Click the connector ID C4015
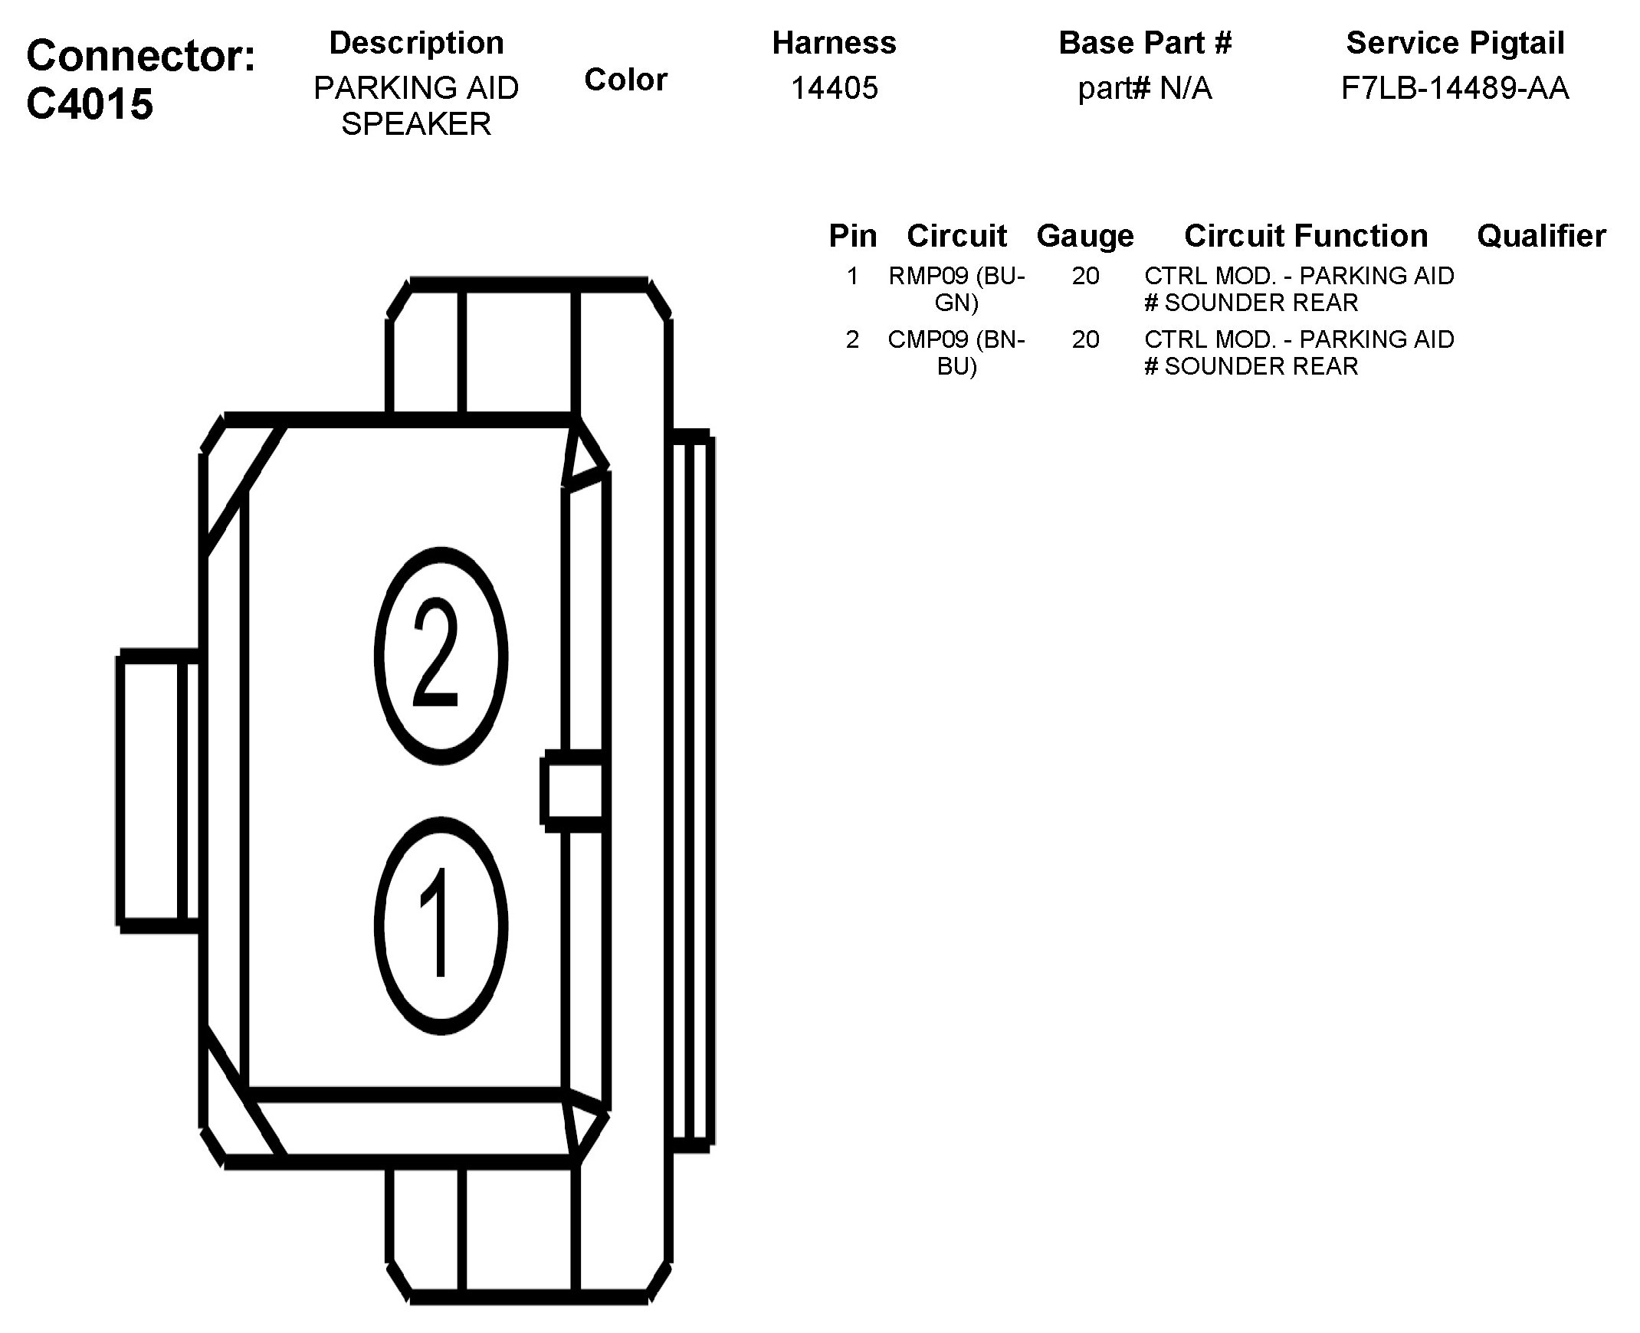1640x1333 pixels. [x=90, y=103]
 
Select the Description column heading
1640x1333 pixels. [x=416, y=43]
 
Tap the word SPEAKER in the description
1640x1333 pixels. [x=416, y=124]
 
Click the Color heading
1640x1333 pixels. [x=625, y=80]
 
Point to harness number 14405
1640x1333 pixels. [x=835, y=88]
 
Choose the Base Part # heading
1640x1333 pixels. [x=1144, y=43]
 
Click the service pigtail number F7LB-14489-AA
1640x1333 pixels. [x=1455, y=88]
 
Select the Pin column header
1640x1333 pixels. [x=852, y=236]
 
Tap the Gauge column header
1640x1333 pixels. [x=1084, y=236]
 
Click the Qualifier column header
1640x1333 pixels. [x=1541, y=236]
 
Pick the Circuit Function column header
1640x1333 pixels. [x=1306, y=236]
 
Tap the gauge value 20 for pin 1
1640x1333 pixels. [x=1085, y=276]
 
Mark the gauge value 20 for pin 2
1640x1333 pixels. [x=1085, y=339]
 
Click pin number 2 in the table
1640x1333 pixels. [x=852, y=339]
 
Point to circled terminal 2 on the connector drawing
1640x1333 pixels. [x=441, y=655]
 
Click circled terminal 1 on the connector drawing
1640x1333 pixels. [x=441, y=926]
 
